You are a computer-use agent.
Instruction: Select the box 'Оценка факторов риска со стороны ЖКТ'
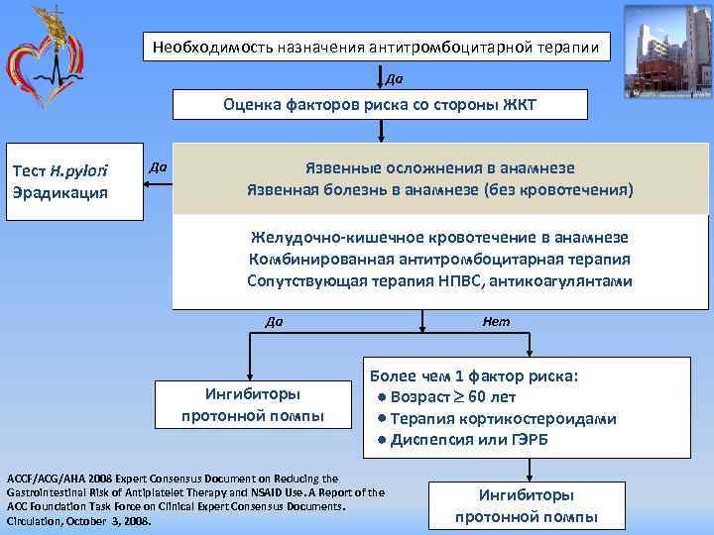coord(380,104)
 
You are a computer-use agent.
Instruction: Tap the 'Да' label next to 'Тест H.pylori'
coord(156,167)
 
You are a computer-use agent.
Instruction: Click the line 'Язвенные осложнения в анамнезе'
coord(439,168)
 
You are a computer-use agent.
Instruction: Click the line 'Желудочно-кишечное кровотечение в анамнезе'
coord(439,238)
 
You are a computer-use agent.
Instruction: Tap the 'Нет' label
coord(496,321)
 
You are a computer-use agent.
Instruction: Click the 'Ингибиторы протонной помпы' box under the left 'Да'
coord(252,404)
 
